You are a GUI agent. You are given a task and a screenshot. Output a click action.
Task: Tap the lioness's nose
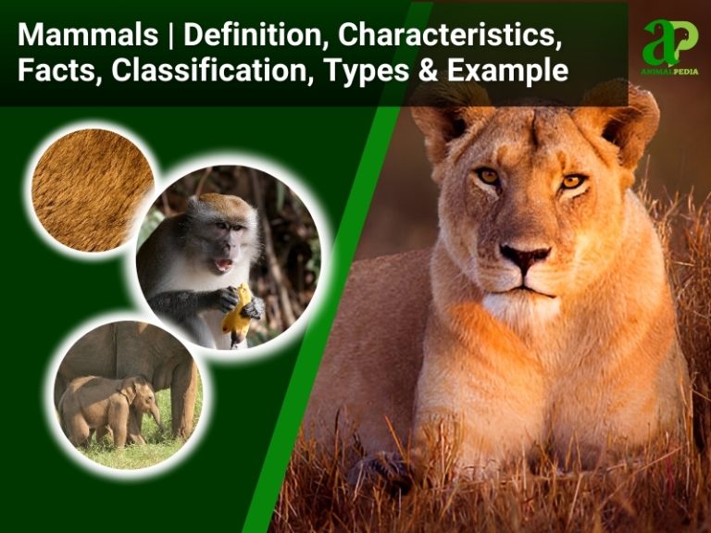[x=525, y=255]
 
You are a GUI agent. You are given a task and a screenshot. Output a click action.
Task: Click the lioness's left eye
[x=572, y=180]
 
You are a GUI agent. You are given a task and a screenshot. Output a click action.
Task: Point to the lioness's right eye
[x=487, y=175]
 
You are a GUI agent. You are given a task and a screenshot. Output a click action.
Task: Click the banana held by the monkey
[x=239, y=311]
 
